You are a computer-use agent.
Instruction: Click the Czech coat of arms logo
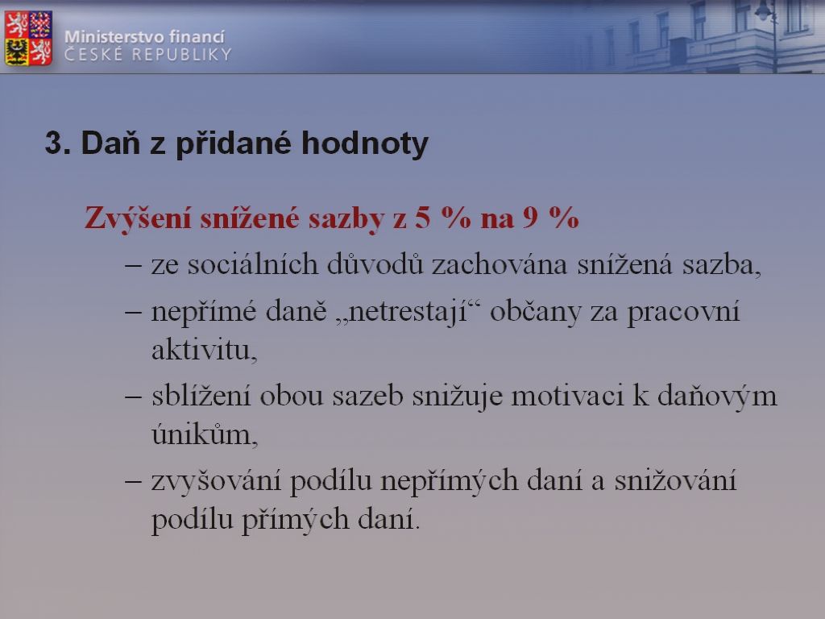point(28,38)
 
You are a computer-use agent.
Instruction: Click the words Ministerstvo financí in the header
point(144,36)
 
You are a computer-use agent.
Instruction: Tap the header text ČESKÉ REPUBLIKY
point(148,54)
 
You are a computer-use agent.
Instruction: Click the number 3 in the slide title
point(55,143)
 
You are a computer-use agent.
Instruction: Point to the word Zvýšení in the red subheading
point(138,218)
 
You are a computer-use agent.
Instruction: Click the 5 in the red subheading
point(422,217)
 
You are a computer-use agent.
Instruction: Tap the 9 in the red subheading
point(530,217)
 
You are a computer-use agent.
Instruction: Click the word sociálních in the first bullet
point(252,264)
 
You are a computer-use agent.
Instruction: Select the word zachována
point(500,264)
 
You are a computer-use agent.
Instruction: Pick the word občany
point(536,311)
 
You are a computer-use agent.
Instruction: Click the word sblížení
point(201,396)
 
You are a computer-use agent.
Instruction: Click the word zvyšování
point(216,481)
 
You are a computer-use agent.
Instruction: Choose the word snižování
point(675,480)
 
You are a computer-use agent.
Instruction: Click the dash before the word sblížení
point(133,397)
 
